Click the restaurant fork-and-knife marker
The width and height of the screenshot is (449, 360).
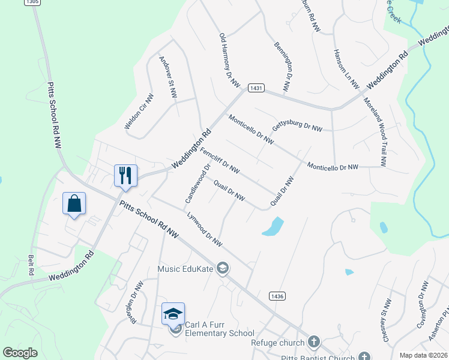coord(125,175)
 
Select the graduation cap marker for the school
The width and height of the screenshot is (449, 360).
coord(172,314)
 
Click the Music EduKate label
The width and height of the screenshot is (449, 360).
coord(185,269)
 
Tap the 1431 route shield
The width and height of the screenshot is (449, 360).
coord(256,88)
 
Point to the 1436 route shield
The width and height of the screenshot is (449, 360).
coord(277,296)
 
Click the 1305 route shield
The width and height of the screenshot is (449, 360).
coord(32,2)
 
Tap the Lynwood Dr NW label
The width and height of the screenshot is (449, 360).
coord(205,229)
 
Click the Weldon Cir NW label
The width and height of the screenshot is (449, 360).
coord(139,112)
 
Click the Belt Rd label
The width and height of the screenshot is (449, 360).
coord(31,265)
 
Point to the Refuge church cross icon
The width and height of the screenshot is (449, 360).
coord(313,343)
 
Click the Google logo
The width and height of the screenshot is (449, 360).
coord(20,353)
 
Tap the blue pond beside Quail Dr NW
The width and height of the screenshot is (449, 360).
coord(273,226)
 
